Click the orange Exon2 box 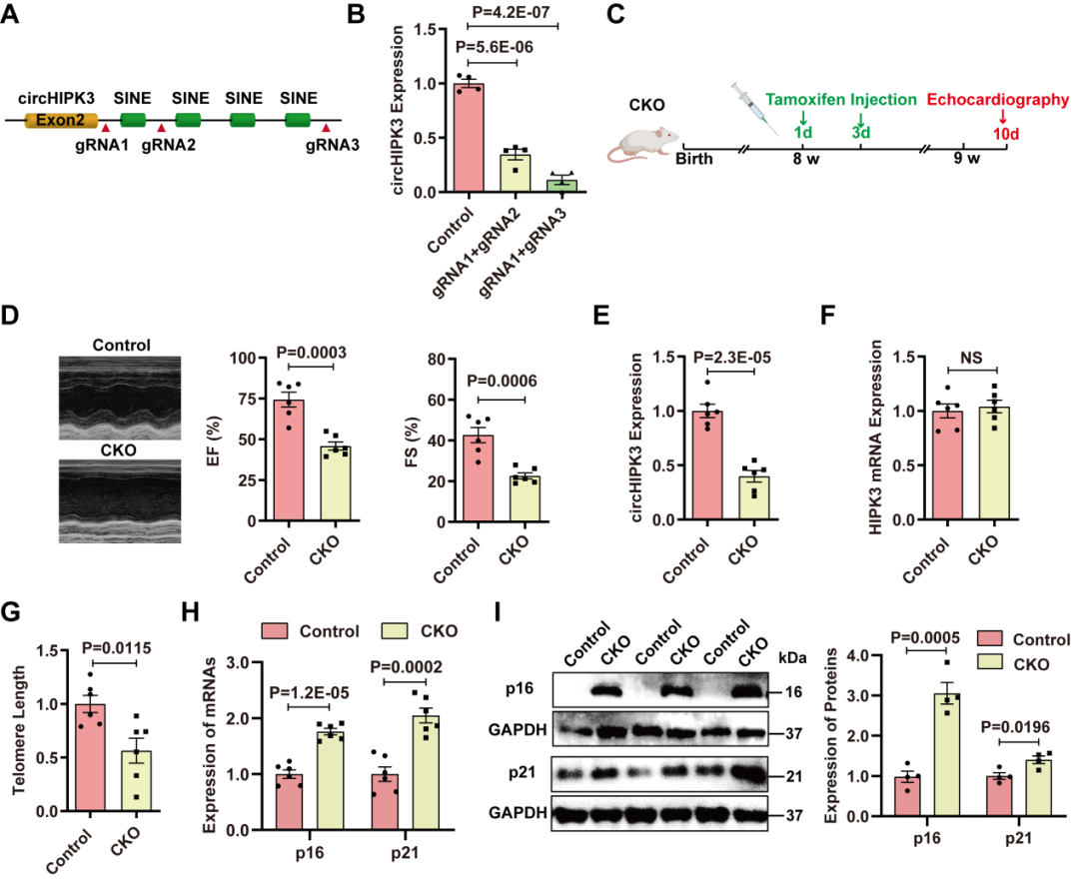[67, 120]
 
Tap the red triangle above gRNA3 [326, 128]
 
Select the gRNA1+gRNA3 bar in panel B [561, 186]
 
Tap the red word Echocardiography [997, 100]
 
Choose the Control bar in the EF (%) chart [289, 459]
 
